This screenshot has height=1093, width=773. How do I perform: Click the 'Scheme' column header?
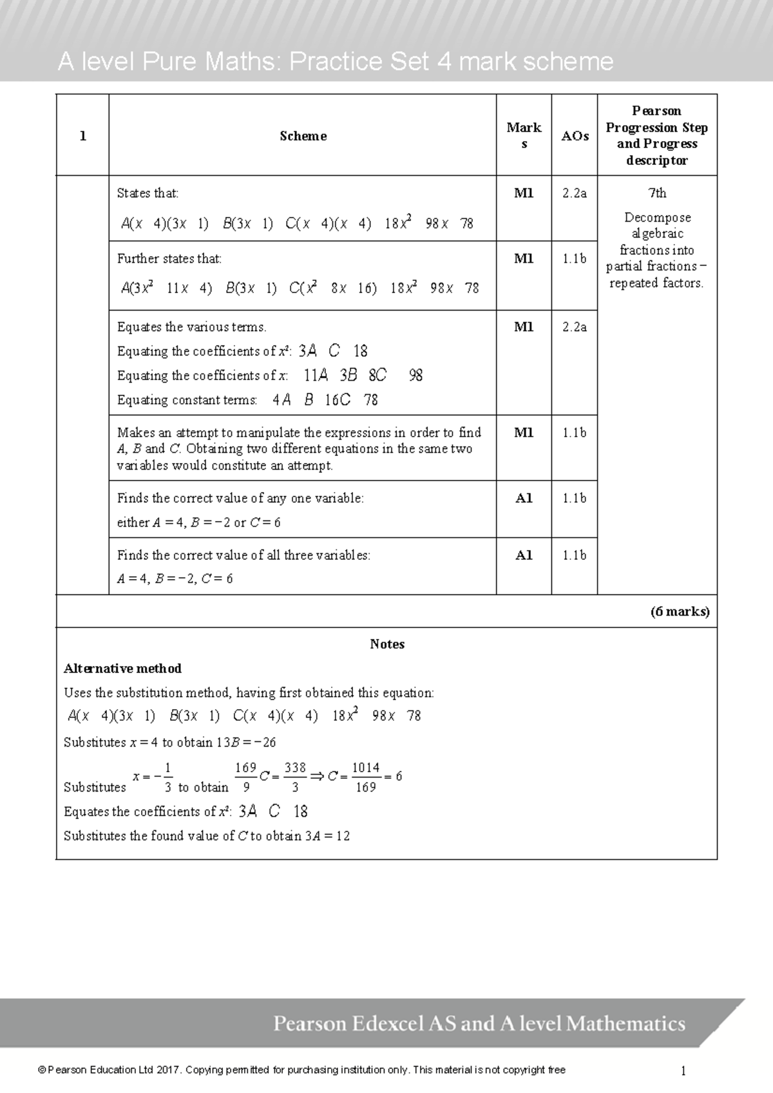click(303, 136)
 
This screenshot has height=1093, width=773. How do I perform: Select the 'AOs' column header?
click(575, 136)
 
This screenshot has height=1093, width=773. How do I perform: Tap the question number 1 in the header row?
click(82, 136)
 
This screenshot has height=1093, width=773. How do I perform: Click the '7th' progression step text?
click(657, 193)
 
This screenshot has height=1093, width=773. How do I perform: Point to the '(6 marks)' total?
click(680, 611)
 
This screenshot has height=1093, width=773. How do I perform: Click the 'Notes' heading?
click(387, 644)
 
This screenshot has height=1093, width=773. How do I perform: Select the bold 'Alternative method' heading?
click(122, 669)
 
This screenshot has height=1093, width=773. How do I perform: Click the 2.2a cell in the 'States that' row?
click(575, 193)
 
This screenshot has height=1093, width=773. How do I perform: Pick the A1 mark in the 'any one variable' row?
click(524, 498)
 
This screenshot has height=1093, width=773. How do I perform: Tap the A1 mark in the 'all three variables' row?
click(524, 555)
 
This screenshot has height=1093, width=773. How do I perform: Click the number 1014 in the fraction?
click(365, 768)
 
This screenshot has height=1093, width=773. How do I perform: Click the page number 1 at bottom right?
click(683, 1071)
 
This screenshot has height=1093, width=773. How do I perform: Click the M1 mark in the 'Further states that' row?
click(524, 259)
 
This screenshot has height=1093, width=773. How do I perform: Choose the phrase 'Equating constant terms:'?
click(187, 401)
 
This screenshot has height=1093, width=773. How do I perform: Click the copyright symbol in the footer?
click(42, 1070)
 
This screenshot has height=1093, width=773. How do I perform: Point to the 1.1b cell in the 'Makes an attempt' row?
click(575, 433)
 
